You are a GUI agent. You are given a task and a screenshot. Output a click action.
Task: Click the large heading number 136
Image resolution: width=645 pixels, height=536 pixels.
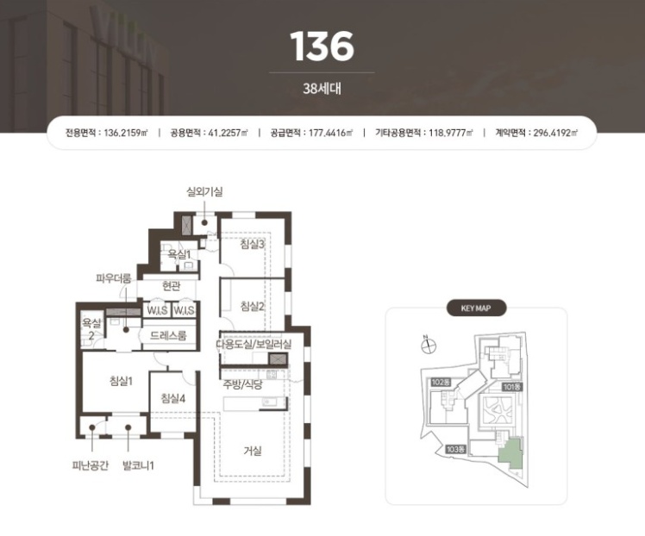322,46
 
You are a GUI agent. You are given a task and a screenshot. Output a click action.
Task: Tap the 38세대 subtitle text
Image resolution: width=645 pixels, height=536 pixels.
322,89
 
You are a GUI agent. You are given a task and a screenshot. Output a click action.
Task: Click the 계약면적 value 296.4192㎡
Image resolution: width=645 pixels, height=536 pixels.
555,133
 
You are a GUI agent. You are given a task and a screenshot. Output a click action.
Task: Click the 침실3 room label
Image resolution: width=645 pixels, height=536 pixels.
252,244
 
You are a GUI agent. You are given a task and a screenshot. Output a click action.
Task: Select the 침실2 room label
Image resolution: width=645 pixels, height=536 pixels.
252,306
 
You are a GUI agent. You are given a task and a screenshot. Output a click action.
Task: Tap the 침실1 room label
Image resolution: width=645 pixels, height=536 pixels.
121,381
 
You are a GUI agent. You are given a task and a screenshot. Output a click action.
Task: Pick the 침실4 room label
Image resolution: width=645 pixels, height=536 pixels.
172,398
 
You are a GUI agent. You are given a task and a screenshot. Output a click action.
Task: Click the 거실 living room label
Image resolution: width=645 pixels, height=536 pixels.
252,451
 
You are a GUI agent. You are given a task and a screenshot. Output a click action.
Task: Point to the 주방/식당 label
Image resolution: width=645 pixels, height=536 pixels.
242,384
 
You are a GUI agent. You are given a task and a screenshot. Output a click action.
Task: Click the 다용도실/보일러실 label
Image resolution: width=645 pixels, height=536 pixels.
254,344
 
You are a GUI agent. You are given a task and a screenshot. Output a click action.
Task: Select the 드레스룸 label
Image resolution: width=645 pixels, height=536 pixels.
168,335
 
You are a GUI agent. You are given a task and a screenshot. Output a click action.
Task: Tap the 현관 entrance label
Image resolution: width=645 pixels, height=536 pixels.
171,285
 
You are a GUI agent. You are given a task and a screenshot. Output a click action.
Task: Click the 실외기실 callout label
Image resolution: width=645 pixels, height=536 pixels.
204,191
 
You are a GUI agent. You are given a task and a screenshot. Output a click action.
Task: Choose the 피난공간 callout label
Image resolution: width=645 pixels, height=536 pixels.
90,465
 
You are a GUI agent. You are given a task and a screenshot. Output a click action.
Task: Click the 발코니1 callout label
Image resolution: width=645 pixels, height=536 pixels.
138,465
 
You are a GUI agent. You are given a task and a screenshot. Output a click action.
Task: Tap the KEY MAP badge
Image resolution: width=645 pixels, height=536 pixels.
476,308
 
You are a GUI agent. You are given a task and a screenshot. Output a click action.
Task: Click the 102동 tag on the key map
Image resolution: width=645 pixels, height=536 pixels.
441,383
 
